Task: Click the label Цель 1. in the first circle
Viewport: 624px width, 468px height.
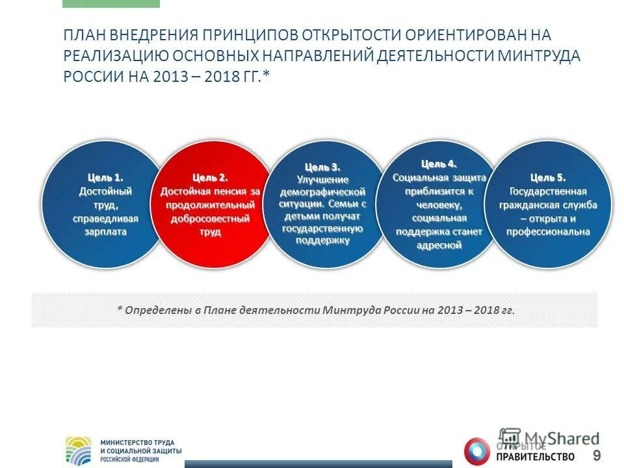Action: [x=105, y=177]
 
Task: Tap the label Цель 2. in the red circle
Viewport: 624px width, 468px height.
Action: [x=210, y=177]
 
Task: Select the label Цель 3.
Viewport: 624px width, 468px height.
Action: [x=322, y=167]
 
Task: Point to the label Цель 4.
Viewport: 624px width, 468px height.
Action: [x=439, y=163]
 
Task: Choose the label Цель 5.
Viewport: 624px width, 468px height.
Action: [x=548, y=177]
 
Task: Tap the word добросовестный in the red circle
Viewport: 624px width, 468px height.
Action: [x=210, y=218]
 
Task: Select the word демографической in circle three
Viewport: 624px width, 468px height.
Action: [x=322, y=192]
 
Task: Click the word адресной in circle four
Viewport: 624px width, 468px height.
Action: [x=439, y=245]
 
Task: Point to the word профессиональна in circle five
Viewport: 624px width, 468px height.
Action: [x=550, y=231]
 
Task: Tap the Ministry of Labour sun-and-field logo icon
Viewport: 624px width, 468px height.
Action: [x=79, y=450]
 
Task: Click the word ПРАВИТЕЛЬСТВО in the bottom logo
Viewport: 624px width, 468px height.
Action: [x=537, y=456]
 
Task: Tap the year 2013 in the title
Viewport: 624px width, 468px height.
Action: [x=170, y=76]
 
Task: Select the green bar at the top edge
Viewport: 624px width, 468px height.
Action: [x=110, y=3]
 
